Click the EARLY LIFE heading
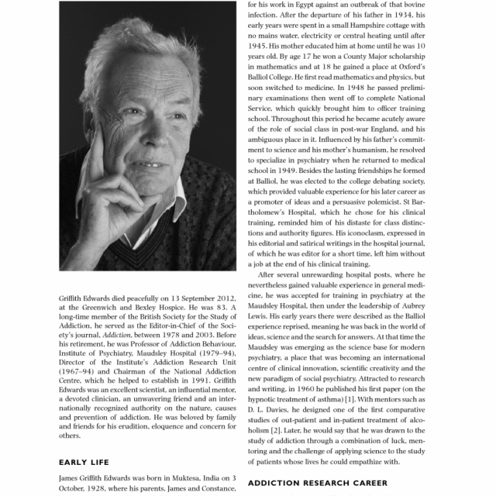(84, 462)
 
